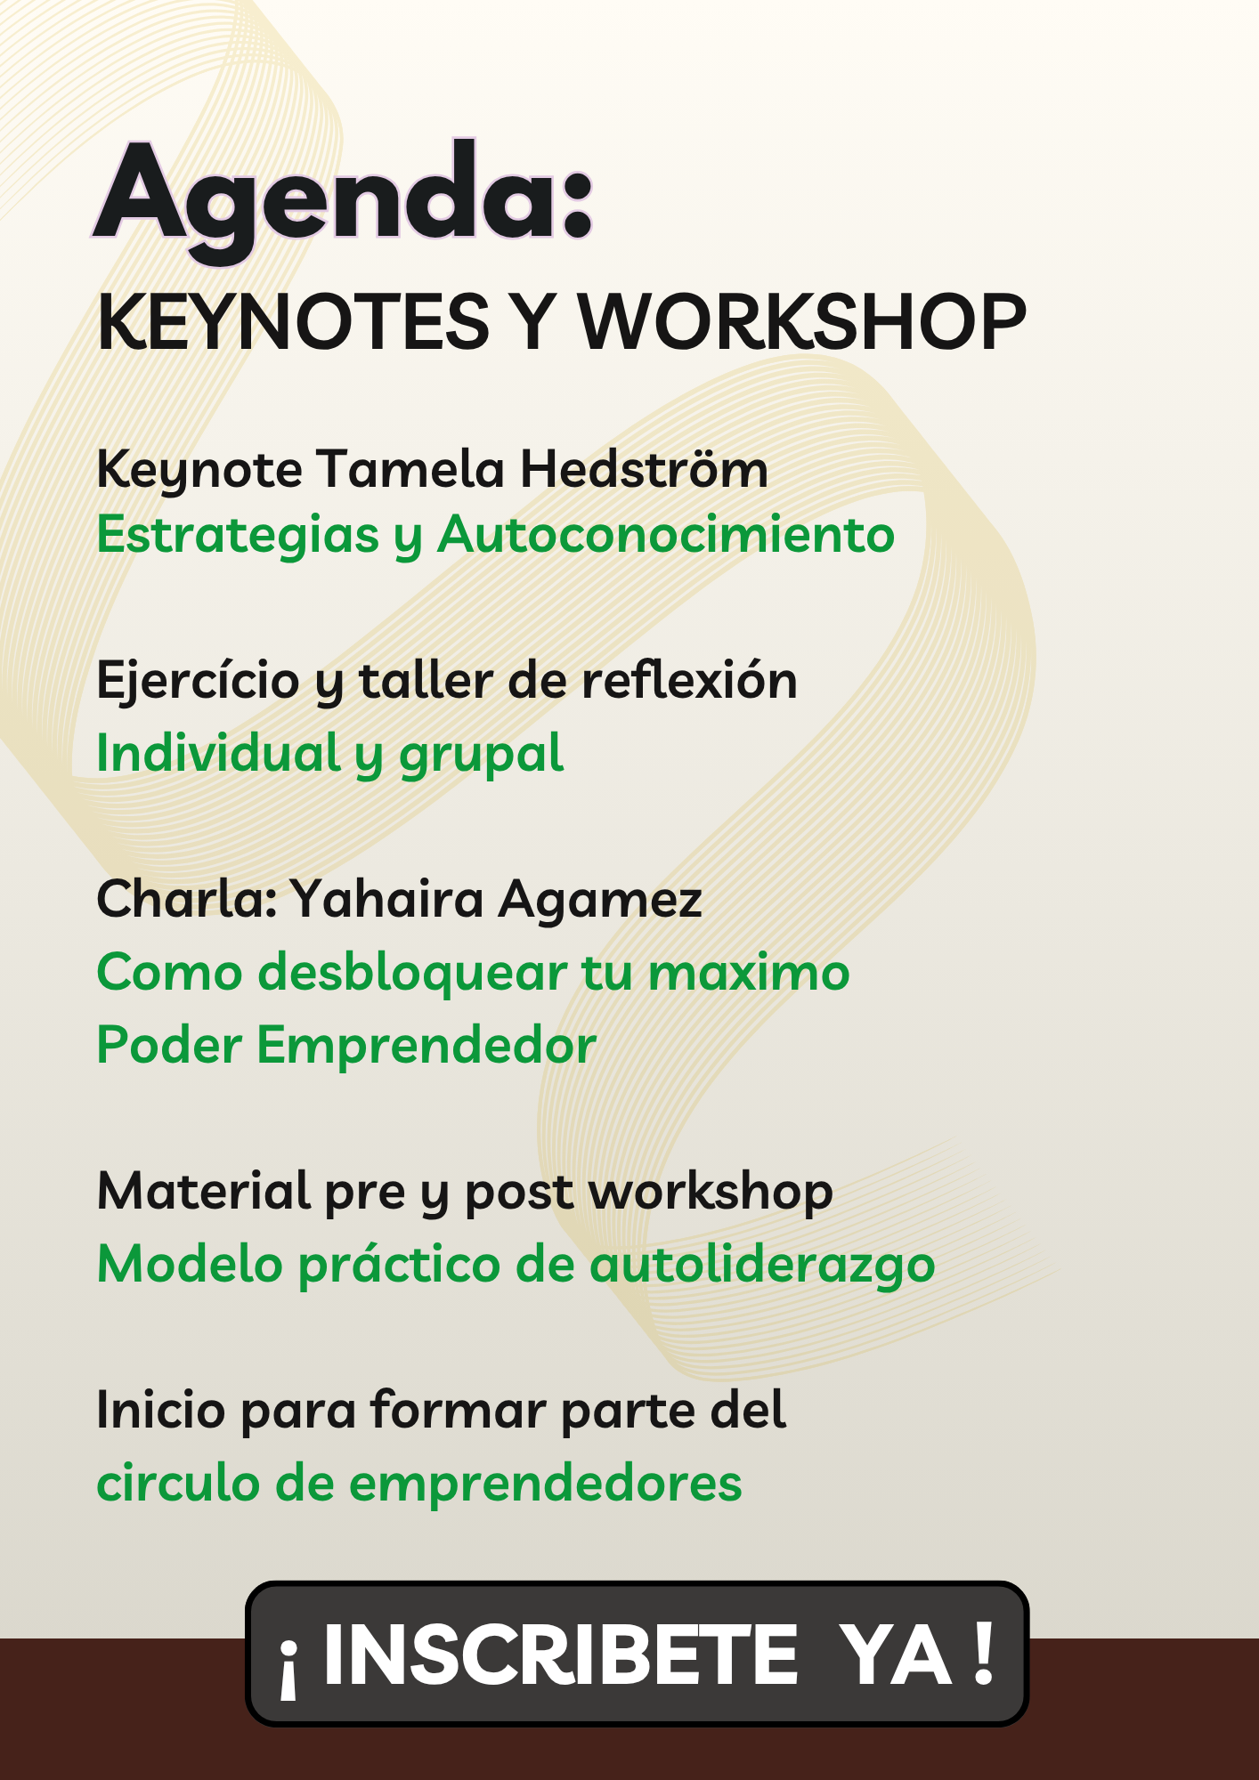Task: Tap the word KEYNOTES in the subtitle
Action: (294, 321)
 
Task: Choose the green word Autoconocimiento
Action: (666, 535)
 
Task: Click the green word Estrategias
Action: (238, 537)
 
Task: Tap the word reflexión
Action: (689, 681)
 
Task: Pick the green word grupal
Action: (481, 755)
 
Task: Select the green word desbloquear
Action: (412, 972)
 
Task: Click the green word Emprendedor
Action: (426, 1045)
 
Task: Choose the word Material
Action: (204, 1191)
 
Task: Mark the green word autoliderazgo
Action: (762, 1265)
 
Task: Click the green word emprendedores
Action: (545, 1485)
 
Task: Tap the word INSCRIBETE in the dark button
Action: (560, 1655)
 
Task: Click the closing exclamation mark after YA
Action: (983, 1654)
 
